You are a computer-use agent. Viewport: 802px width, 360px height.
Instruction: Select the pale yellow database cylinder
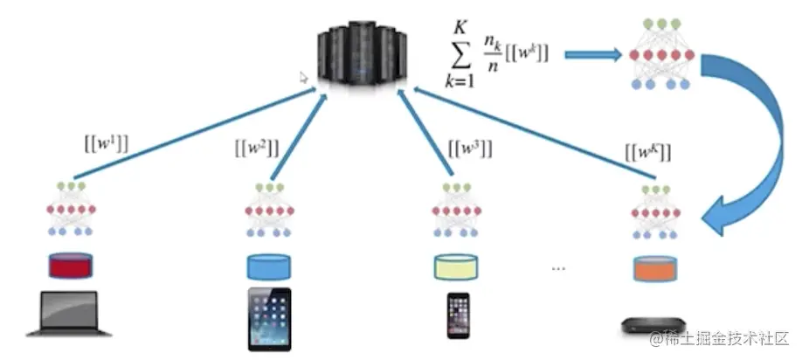[x=457, y=265]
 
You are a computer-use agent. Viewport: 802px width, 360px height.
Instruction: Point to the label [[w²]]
[x=256, y=149]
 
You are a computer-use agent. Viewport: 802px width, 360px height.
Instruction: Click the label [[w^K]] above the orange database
[x=648, y=150]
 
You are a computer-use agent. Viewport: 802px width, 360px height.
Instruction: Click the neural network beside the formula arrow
[x=661, y=53]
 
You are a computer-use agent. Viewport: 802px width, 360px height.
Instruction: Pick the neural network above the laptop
[x=69, y=211]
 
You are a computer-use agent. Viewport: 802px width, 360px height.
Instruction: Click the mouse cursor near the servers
[x=304, y=77]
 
